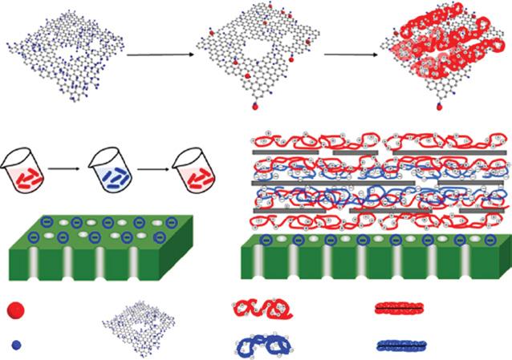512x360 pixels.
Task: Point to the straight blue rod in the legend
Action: pos(405,345)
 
